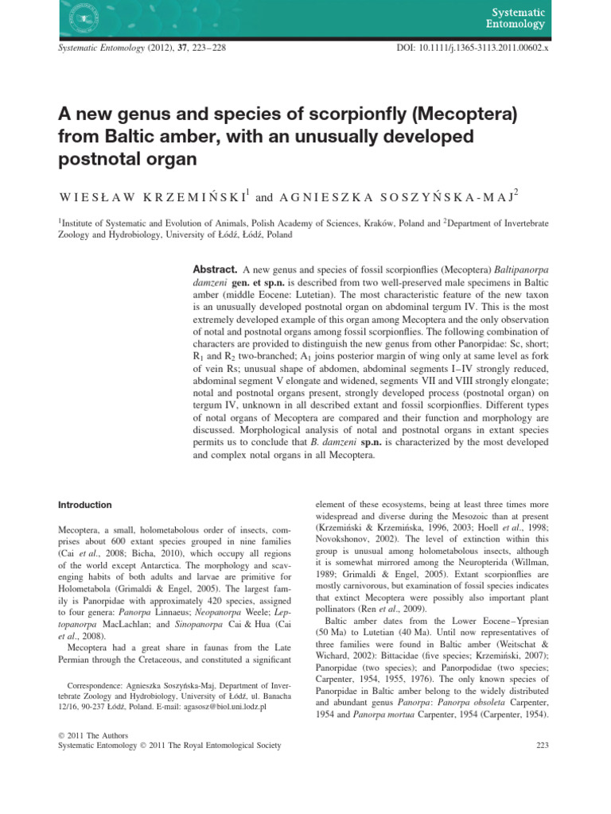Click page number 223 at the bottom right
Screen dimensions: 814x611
[539, 746]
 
